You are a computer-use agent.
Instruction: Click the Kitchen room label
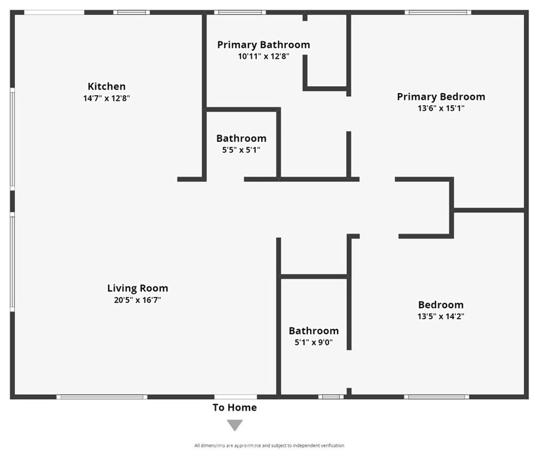point(106,86)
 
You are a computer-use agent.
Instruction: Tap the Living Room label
point(138,288)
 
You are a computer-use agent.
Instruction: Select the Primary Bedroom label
point(441,97)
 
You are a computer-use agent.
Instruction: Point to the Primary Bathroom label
point(264,45)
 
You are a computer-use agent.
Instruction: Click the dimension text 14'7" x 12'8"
point(106,98)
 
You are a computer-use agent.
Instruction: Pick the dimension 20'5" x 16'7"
point(137,300)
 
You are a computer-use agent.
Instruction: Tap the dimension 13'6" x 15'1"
point(441,108)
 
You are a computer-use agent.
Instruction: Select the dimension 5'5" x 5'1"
point(241,150)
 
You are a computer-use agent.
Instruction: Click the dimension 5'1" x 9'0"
point(314,342)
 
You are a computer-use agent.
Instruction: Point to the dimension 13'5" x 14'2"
point(441,316)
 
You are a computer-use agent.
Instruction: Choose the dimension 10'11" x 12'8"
point(264,56)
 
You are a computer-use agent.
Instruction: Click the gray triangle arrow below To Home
point(235,425)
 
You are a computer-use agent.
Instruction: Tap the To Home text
point(235,408)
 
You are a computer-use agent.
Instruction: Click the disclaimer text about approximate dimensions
point(269,446)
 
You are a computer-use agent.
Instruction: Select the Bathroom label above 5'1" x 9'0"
point(314,331)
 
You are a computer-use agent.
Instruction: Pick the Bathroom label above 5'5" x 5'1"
point(241,139)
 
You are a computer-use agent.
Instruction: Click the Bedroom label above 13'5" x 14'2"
point(441,305)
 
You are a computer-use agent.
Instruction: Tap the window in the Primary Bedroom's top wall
point(438,13)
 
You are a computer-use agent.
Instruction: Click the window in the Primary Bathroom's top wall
point(240,13)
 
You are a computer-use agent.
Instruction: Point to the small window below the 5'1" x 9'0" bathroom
point(331,397)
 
